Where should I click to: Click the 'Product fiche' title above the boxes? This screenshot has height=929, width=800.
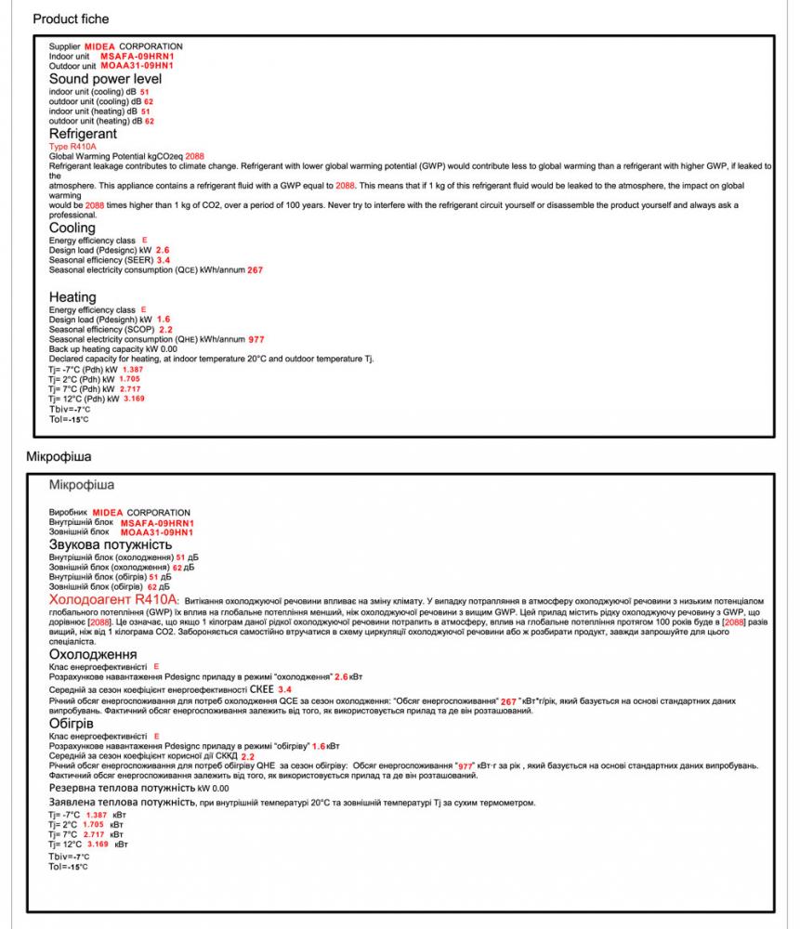click(71, 19)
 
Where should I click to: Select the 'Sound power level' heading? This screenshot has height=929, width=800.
click(105, 79)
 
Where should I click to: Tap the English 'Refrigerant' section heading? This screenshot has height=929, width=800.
click(83, 134)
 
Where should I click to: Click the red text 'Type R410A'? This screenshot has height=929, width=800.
click(72, 146)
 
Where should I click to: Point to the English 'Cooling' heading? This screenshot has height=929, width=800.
click(72, 228)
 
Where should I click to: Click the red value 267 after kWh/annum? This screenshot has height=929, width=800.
click(256, 269)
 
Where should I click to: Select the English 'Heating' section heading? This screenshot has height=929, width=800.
click(72, 297)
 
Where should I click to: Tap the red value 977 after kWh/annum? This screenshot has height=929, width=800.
click(256, 339)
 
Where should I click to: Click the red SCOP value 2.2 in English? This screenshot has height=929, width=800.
click(165, 330)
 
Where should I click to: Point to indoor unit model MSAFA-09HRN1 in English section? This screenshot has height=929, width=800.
click(137, 57)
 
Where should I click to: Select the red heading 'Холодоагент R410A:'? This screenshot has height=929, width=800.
click(114, 601)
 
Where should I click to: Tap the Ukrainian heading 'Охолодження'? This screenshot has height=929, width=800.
click(92, 655)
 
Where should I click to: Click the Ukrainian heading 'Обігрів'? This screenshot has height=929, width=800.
click(71, 723)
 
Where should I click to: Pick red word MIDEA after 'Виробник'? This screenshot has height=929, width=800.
click(108, 513)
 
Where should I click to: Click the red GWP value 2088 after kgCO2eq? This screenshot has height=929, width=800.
click(195, 156)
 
